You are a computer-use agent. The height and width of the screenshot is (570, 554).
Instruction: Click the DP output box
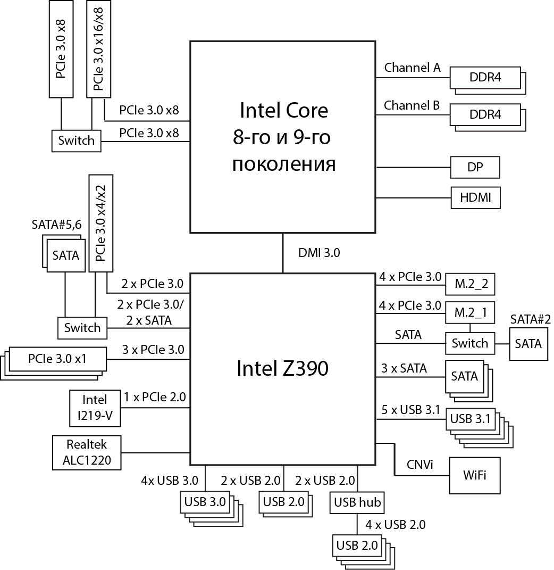[x=475, y=167]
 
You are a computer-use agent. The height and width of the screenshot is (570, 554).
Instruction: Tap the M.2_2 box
[x=470, y=285]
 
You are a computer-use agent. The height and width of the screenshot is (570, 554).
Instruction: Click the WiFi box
[x=475, y=475]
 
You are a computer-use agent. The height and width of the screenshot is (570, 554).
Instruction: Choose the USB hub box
[x=356, y=502]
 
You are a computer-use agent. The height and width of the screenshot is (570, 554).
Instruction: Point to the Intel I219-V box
[x=95, y=409]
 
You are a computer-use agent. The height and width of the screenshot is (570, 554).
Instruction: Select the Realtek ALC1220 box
[x=86, y=452]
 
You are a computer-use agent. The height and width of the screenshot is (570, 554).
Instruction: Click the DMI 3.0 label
[x=318, y=253]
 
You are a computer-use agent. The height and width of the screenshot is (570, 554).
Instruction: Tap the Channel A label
[x=412, y=68]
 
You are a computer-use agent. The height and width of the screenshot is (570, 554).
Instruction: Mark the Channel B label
[x=412, y=105]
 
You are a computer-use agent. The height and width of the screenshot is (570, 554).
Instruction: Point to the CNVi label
[x=420, y=465]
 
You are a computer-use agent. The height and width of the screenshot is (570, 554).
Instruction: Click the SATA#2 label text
[x=530, y=319]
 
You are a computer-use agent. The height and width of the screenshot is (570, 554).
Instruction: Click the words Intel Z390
[x=282, y=368]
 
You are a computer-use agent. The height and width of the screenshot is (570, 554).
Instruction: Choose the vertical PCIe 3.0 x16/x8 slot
[x=98, y=49]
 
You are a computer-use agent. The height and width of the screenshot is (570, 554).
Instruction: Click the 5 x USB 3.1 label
[x=411, y=410]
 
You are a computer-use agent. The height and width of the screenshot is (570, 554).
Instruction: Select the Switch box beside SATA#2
[x=469, y=343]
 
